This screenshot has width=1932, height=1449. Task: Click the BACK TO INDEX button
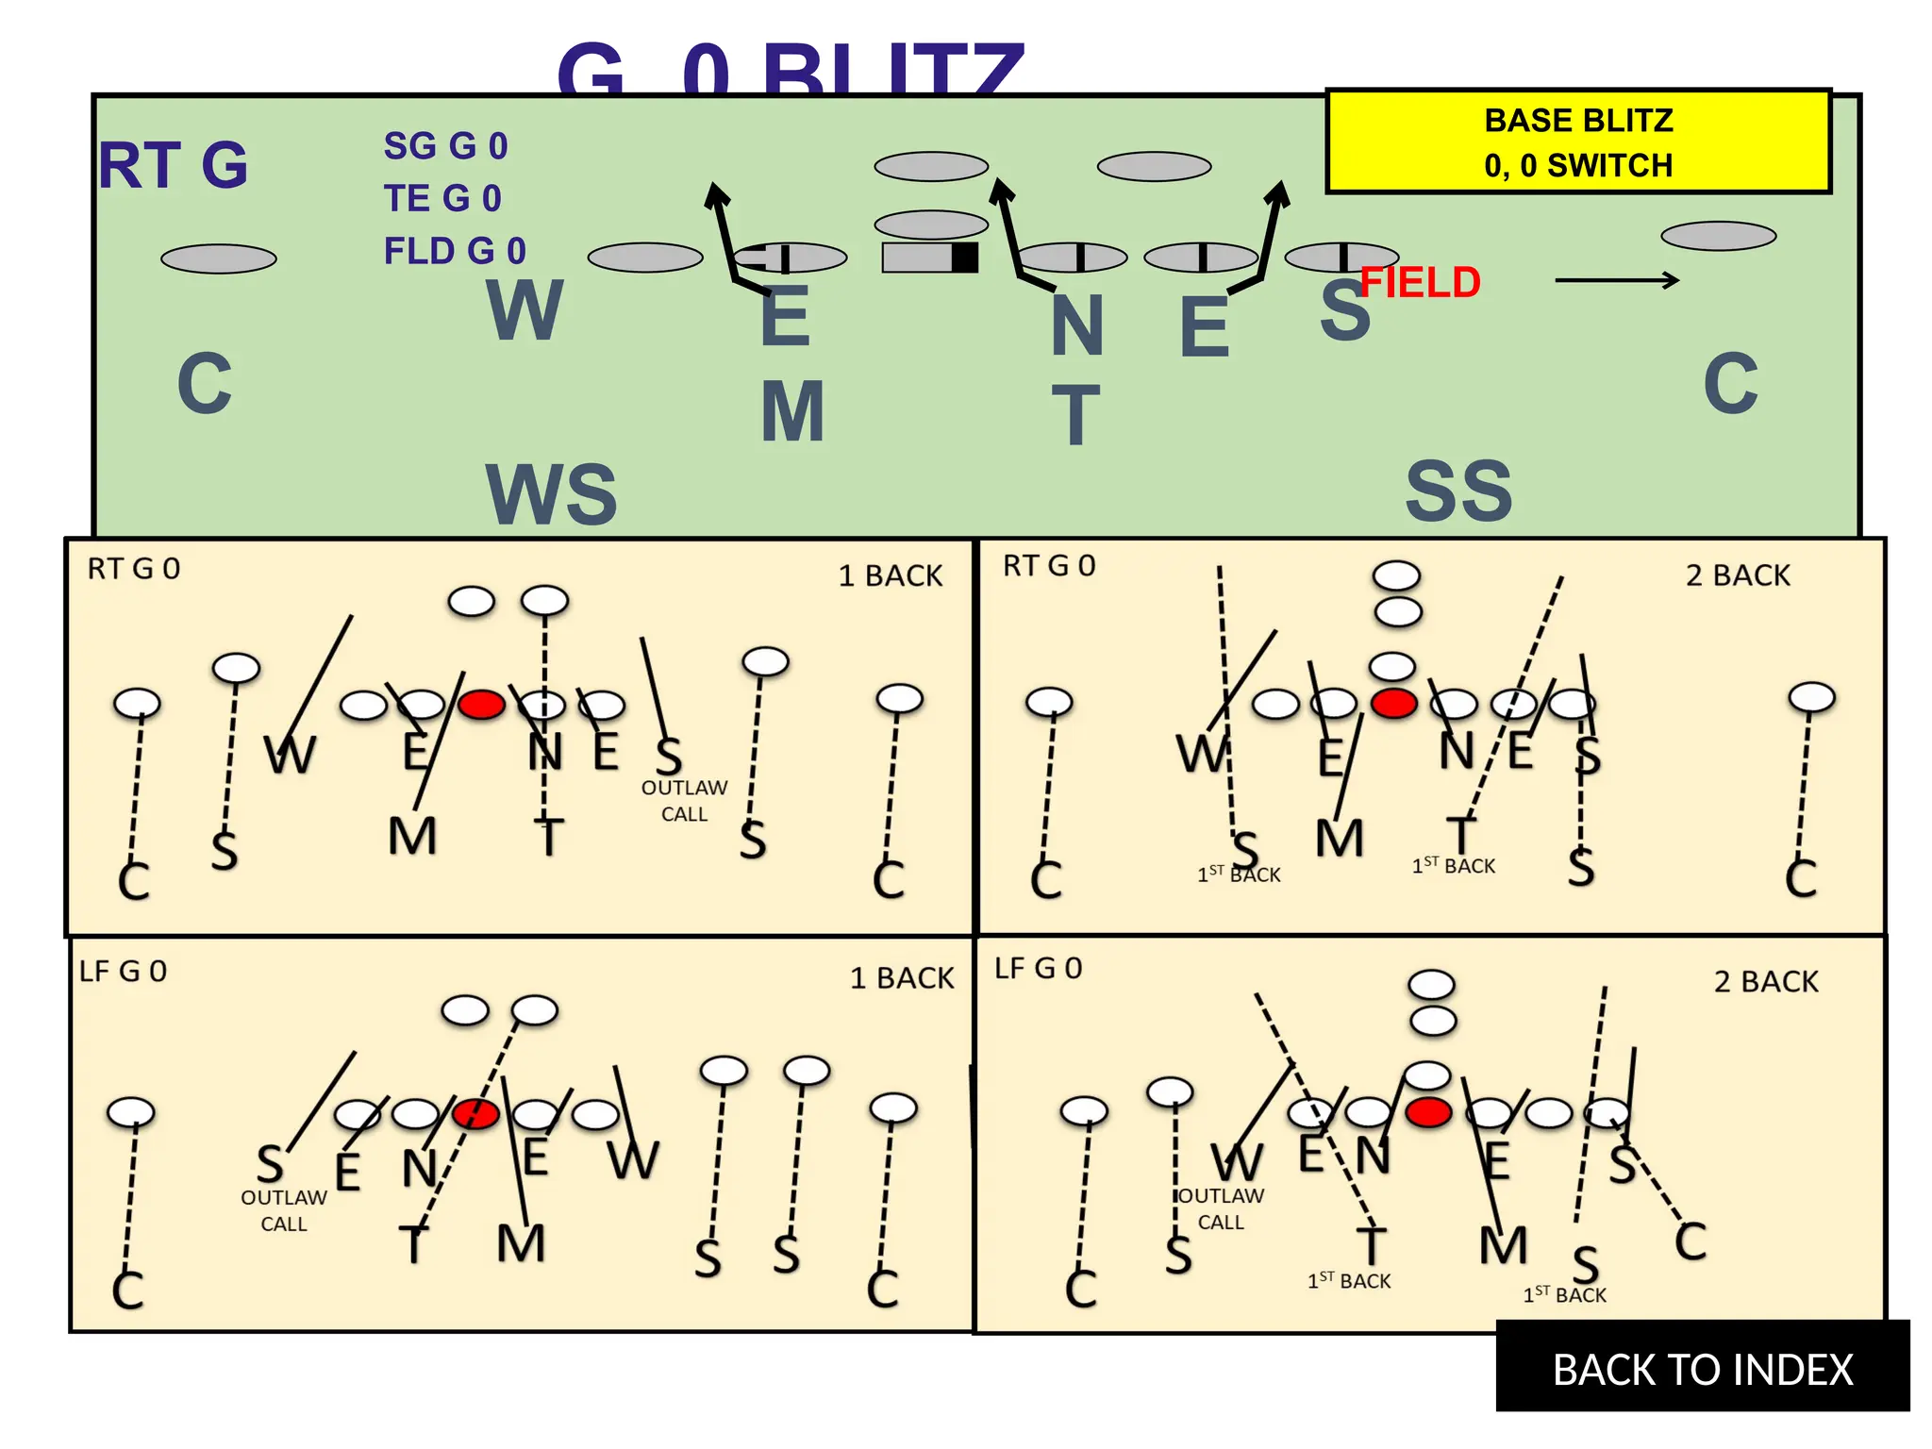click(x=1702, y=1368)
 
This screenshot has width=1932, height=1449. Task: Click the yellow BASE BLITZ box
click(x=1577, y=142)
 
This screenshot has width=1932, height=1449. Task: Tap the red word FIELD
click(x=1420, y=282)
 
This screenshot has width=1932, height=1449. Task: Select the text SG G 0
click(x=445, y=146)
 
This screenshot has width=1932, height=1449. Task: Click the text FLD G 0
click(x=454, y=251)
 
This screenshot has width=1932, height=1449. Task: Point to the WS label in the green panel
click(x=551, y=494)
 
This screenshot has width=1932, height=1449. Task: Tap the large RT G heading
click(x=174, y=165)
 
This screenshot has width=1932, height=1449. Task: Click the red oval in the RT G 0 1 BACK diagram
click(x=481, y=704)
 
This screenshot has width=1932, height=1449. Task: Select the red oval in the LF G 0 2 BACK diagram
click(x=1428, y=1111)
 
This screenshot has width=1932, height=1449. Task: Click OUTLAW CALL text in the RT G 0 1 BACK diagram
click(x=684, y=800)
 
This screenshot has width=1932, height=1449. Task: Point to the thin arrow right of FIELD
click(x=1616, y=280)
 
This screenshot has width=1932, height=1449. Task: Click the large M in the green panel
click(x=792, y=411)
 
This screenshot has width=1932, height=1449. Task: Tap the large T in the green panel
click(x=1075, y=415)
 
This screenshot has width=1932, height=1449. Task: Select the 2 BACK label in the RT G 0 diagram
click(x=1737, y=575)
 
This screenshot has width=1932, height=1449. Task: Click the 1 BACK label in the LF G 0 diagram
click(x=901, y=977)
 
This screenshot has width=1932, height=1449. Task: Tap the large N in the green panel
click(x=1077, y=325)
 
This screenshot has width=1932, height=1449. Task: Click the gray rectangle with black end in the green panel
click(x=929, y=258)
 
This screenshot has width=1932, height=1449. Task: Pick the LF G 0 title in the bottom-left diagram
click(x=123, y=971)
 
